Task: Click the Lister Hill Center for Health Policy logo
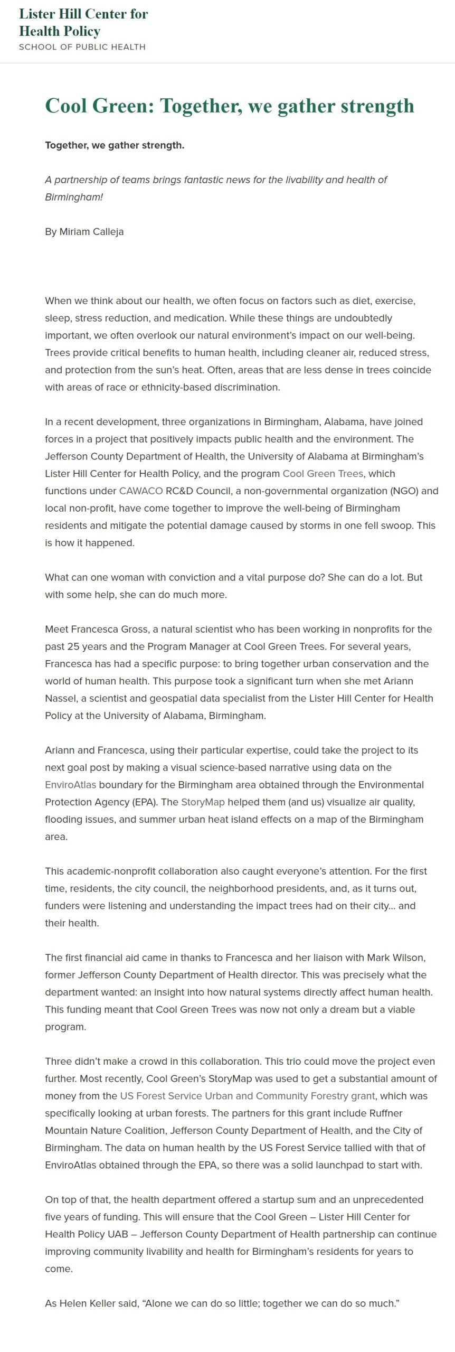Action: point(83,22)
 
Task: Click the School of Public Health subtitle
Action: point(82,47)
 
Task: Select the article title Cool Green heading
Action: point(229,106)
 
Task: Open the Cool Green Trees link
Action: point(323,473)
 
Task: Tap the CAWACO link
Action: point(140,491)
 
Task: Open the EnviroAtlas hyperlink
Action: point(70,784)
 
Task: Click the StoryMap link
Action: point(203,802)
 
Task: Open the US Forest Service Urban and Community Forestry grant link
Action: point(248,1095)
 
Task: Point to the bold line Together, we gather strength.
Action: point(115,145)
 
